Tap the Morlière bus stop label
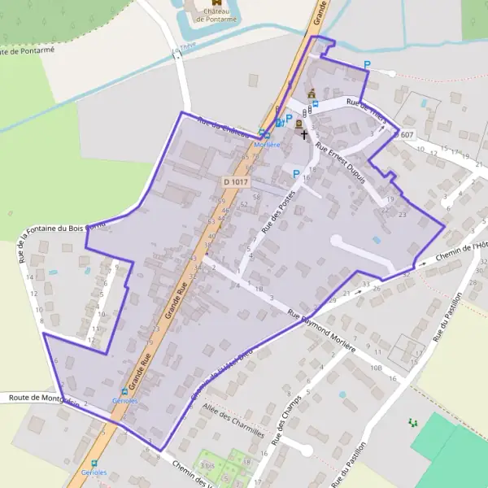click(267, 144)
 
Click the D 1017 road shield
click(234, 182)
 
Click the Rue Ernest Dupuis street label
click(342, 166)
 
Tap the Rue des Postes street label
click(277, 216)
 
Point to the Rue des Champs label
click(290, 421)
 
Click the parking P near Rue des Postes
click(296, 173)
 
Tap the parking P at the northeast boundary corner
click(367, 65)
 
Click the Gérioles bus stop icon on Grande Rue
click(124, 392)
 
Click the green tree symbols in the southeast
click(412, 422)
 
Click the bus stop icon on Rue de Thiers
click(316, 103)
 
